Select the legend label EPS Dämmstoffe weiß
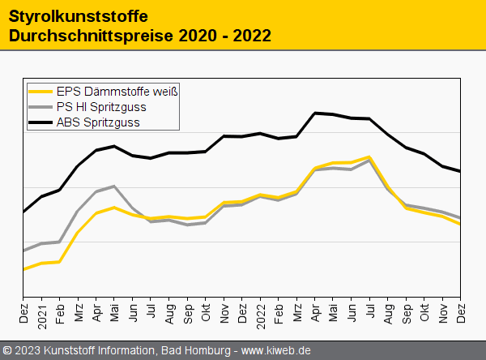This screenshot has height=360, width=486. point(117,92)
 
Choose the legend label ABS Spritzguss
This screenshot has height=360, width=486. point(98,122)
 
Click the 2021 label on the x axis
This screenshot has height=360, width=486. point(41,314)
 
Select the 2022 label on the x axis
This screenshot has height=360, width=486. point(261,314)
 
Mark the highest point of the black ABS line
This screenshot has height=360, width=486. point(315,113)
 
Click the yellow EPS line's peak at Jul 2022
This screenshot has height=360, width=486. point(369,156)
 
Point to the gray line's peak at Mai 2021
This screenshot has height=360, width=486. point(115,186)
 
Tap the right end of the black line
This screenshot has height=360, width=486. point(461,171)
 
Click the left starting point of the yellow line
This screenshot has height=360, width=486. point(23,269)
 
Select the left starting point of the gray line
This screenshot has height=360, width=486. point(23,251)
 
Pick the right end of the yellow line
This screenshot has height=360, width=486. point(461,224)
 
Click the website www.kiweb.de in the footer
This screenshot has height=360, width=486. point(276,350)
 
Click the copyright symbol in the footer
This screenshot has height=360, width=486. point(8,350)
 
